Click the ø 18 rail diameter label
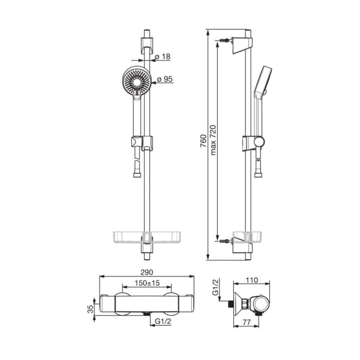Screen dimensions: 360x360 (163, 56)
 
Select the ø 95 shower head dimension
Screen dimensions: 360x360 (164, 79)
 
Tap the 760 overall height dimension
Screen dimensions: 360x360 (203, 141)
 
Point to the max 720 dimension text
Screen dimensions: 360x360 (213, 140)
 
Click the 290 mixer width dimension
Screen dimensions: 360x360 (146, 272)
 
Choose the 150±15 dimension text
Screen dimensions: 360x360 (147, 283)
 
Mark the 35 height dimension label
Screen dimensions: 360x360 (91, 309)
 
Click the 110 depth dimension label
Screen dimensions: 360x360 (252, 280)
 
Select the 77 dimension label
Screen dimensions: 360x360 (247, 322)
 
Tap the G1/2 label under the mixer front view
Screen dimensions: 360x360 (163, 322)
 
